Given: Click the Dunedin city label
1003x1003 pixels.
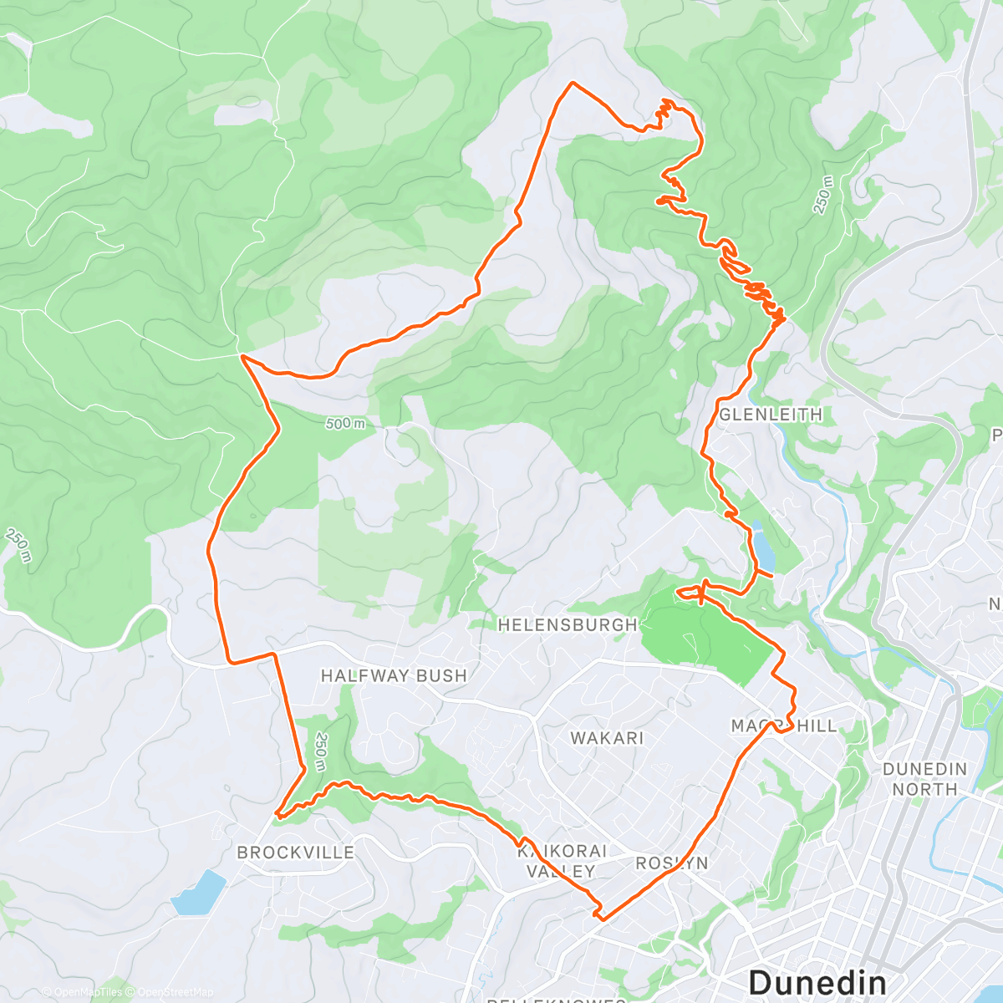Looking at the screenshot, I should pyautogui.click(x=817, y=980).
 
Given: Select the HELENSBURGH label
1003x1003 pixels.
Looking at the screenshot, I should pyautogui.click(x=568, y=624).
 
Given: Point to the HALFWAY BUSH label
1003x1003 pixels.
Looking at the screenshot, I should pyautogui.click(x=394, y=675).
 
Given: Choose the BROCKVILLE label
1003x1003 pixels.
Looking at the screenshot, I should pyautogui.click(x=296, y=853).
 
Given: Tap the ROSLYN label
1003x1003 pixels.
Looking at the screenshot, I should pyautogui.click(x=672, y=863).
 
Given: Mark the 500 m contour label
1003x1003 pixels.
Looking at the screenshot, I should pyautogui.click(x=345, y=424).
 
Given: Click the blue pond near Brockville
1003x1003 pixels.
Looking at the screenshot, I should pyautogui.click(x=199, y=892).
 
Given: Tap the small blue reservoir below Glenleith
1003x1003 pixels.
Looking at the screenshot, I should pyautogui.click(x=763, y=545).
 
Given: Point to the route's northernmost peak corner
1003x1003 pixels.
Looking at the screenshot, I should pyautogui.click(x=572, y=83).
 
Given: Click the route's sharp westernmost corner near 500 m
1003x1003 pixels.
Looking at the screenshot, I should pyautogui.click(x=242, y=356).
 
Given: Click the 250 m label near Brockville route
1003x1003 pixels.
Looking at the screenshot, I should pyautogui.click(x=321, y=751).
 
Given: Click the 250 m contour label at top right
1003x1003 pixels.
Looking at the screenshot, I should pyautogui.click(x=824, y=195).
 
